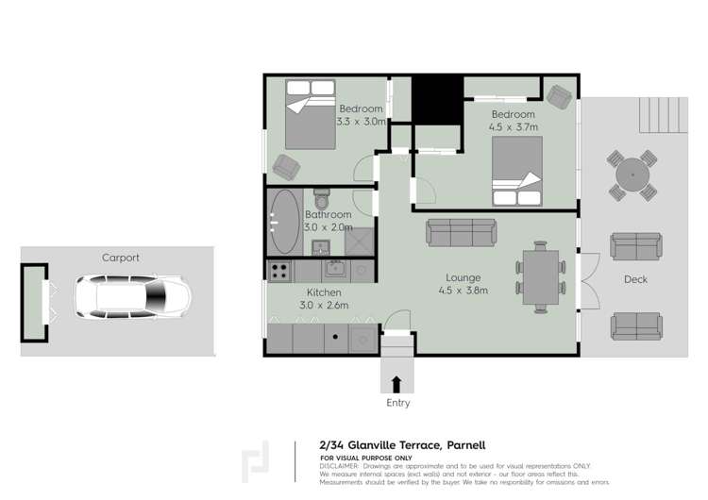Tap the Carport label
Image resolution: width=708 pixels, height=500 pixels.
tap(121, 258)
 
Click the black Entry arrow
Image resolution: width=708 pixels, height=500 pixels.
tap(396, 383)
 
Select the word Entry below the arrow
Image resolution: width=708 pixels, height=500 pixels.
tap(398, 403)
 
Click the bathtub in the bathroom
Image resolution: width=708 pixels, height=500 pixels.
tap(285, 222)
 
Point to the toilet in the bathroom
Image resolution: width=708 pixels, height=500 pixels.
tap(321, 201)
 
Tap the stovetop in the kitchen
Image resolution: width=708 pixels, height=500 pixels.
tap(279, 272)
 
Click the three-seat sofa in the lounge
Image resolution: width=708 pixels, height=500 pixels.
tap(463, 232)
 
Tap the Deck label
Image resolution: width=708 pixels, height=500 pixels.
tap(635, 279)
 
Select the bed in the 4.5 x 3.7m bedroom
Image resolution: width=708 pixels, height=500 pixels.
tap(515, 171)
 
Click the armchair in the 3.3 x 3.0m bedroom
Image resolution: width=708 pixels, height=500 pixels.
tap(286, 168)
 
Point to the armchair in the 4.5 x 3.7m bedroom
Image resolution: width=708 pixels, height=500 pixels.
tap(559, 95)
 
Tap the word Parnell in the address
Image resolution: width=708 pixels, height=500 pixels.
tap(465, 445)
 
